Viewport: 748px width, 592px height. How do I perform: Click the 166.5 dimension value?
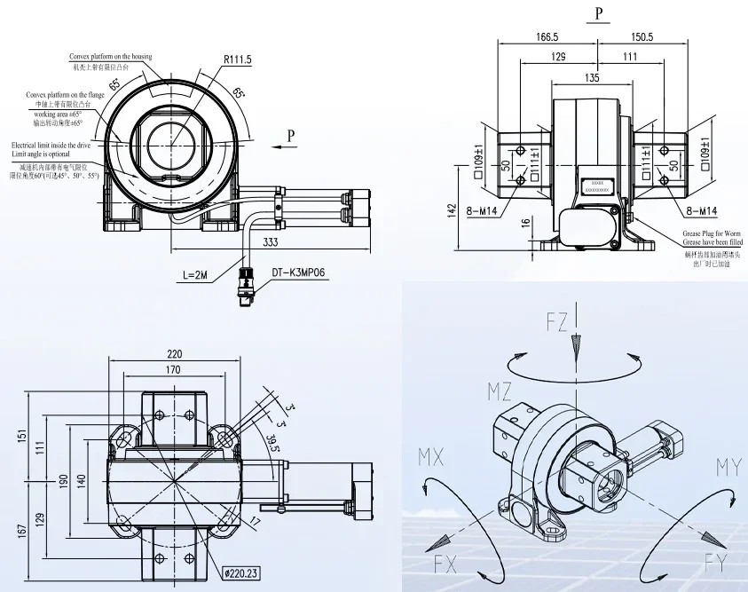pos(547,37)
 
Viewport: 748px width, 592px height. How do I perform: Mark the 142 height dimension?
pos(453,209)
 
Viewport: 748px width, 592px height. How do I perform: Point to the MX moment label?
pos(432,458)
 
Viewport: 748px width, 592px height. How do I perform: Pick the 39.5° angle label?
pos(270,442)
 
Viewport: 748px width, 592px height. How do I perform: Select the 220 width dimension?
pos(173,351)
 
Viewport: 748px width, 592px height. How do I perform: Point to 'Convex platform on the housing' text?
pos(111,57)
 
